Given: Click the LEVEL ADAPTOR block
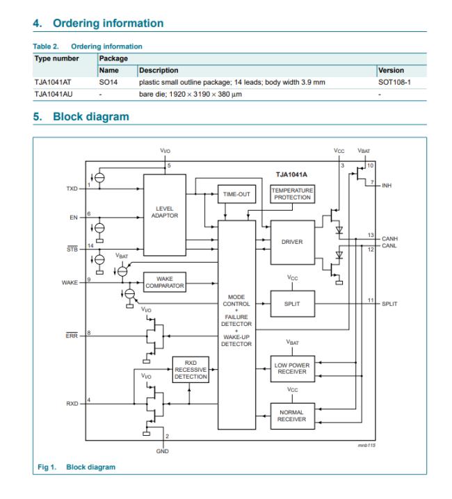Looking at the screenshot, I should tap(164, 212).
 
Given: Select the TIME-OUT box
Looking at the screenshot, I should tap(234, 195).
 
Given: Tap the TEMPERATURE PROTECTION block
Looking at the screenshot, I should tap(292, 194).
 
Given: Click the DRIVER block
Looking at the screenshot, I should tap(292, 242).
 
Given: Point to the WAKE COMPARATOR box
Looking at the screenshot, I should tap(164, 282).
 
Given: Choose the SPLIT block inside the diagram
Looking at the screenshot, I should tap(292, 304).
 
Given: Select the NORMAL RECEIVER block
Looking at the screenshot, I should tap(292, 415).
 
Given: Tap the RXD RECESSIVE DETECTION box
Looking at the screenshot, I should tap(189, 368).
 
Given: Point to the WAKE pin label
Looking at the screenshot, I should tap(70, 281).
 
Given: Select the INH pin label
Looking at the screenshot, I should tap(387, 185).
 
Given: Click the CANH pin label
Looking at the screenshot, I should tap(390, 238).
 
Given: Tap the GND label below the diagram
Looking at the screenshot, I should tap(164, 450).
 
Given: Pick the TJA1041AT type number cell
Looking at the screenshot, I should tap(52, 82).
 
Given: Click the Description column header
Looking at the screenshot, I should tap(159, 70).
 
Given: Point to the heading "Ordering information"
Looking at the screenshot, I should tap(108, 24).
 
